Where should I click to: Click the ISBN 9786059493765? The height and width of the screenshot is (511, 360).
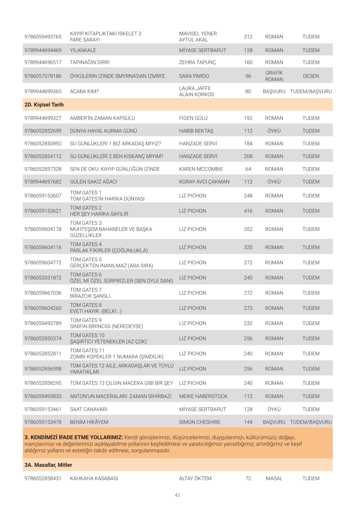pyautogui.click(x=43, y=37)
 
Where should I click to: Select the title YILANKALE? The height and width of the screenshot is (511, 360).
pyautogui.click(x=83, y=50)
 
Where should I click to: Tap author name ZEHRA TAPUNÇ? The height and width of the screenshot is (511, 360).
pyautogui.click(x=197, y=62)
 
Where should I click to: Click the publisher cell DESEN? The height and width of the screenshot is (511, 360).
pyautogui.click(x=311, y=76)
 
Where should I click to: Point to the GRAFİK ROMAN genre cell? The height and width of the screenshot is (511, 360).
pyautogui.click(x=274, y=76)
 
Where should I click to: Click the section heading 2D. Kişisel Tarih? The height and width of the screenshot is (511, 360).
pyautogui.click(x=44, y=105)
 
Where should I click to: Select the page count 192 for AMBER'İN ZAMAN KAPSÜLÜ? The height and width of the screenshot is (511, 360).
pyautogui.click(x=248, y=118)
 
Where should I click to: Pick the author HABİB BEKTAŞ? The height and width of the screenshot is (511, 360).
pyautogui.click(x=196, y=131)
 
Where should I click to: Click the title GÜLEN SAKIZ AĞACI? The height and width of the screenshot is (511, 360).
pyautogui.click(x=93, y=182)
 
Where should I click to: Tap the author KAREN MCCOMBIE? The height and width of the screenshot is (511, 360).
pyautogui.click(x=201, y=169)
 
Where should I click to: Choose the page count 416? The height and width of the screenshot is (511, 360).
pyautogui.click(x=248, y=211)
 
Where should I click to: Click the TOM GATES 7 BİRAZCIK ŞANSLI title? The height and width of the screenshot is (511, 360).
pyautogui.click(x=90, y=293)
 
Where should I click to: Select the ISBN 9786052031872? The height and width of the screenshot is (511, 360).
pyautogui.click(x=43, y=278)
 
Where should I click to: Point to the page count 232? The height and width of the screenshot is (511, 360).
pyautogui.click(x=248, y=323)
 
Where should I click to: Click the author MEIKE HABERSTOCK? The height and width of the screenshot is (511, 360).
pyautogui.click(x=203, y=396)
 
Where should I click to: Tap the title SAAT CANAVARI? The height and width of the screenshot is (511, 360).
pyautogui.click(x=89, y=409)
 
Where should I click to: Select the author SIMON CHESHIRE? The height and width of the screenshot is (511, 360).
pyautogui.click(x=200, y=422)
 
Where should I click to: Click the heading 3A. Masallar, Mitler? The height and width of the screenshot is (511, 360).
pyautogui.click(x=48, y=465)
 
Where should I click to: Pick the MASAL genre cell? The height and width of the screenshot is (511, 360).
pyautogui.click(x=274, y=478)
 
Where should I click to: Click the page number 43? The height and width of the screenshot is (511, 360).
pyautogui.click(x=177, y=495)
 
